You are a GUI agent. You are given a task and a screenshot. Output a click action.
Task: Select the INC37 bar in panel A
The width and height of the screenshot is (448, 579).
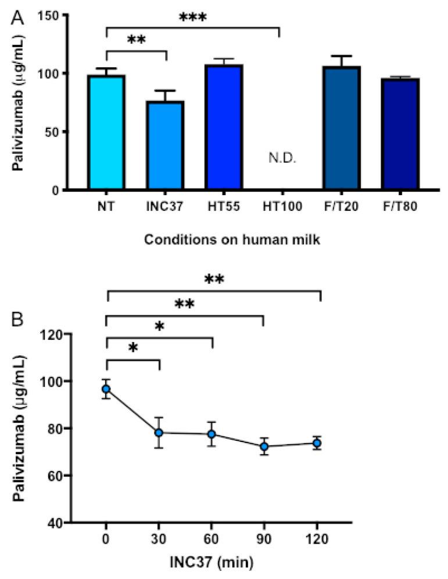tap(165, 145)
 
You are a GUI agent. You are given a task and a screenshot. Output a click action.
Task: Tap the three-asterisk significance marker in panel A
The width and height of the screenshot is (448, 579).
tap(192, 17)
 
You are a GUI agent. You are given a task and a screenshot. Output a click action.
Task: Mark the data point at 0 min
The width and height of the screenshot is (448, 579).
tap(106, 389)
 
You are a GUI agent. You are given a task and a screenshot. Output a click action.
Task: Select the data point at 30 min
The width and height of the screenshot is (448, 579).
tap(159, 433)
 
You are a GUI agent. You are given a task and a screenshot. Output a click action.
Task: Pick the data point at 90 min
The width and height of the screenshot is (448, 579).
tap(264, 447)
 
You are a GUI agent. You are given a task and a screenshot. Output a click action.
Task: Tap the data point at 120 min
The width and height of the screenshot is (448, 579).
tap(317, 443)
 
